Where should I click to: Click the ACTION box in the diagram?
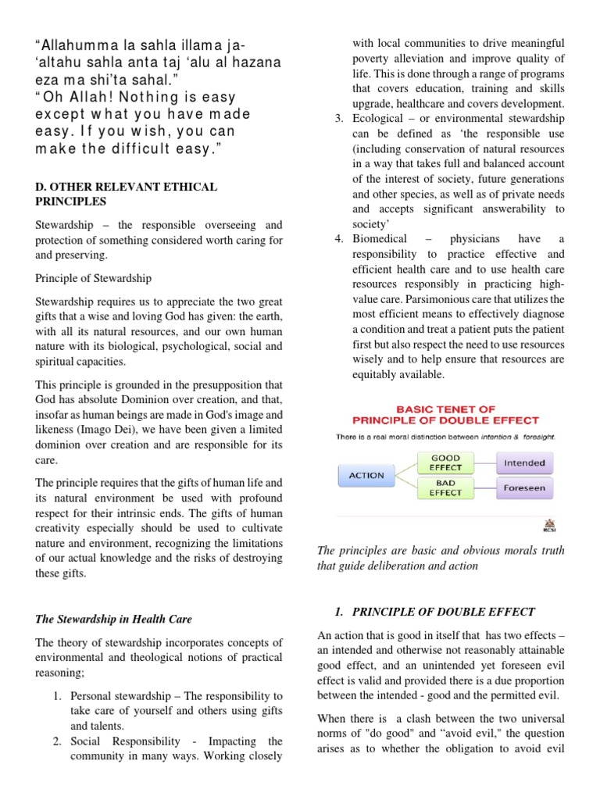pos(366,475)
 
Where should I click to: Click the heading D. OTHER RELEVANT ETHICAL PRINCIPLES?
pos(127,194)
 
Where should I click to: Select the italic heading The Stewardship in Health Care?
pos(114,598)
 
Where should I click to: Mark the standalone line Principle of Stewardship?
pos(94,278)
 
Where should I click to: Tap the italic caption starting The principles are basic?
pos(451,559)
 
